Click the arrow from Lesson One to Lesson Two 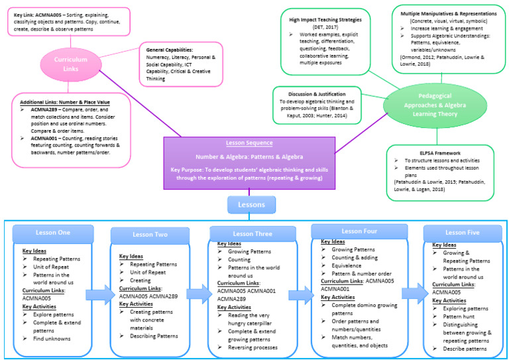click(x=100, y=294)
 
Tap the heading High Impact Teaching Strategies click(x=324, y=19)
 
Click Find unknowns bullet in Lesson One click(x=54, y=339)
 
